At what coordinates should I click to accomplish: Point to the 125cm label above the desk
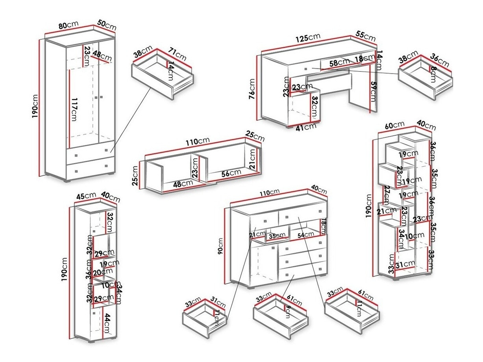click(308, 39)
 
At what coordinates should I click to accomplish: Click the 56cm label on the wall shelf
click(230, 173)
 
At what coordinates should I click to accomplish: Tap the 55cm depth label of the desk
click(366, 36)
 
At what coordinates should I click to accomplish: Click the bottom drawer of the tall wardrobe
click(90, 170)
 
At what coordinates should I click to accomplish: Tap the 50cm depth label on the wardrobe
click(106, 26)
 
